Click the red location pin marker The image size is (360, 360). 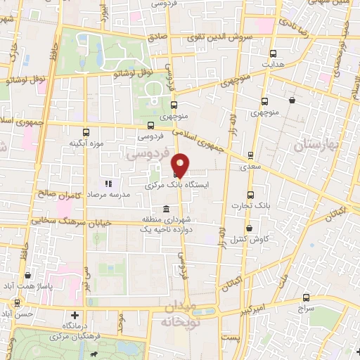[180, 164]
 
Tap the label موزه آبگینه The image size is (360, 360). [84, 143]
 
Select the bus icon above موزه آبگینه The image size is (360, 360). [86, 132]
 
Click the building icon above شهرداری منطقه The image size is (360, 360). [165, 210]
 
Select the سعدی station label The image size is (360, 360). [250, 166]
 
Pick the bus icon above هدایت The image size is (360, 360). [273, 53]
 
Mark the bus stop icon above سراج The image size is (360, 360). [306, 297]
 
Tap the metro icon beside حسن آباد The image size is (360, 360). [15, 304]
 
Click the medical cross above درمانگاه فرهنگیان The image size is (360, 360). [74, 315]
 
